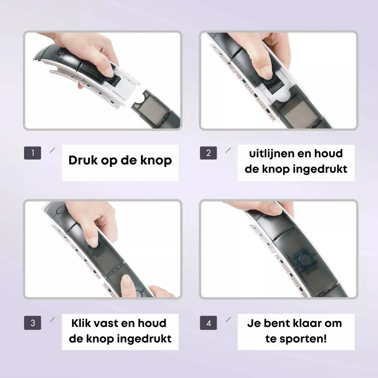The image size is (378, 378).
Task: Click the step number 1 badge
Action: (x=32, y=153)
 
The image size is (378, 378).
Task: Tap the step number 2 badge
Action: (x=208, y=153)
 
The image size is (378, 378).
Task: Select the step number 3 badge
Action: (x=32, y=323)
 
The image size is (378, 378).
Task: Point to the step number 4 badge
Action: (x=208, y=323)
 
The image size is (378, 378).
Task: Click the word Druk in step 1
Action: (x=83, y=160)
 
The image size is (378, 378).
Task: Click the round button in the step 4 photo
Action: (x=306, y=260)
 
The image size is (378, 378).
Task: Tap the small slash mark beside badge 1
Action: (x=52, y=150)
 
